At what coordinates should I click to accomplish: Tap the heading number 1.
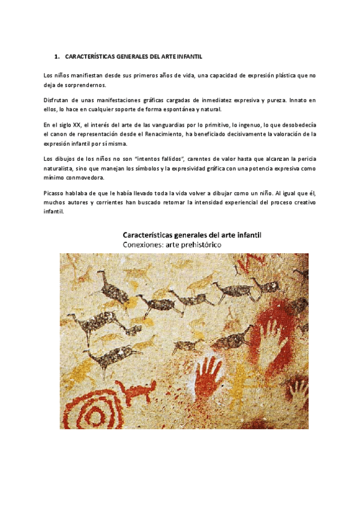[x=56, y=57]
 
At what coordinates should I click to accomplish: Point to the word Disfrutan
[x=58, y=100]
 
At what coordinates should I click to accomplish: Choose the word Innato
[x=299, y=100]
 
